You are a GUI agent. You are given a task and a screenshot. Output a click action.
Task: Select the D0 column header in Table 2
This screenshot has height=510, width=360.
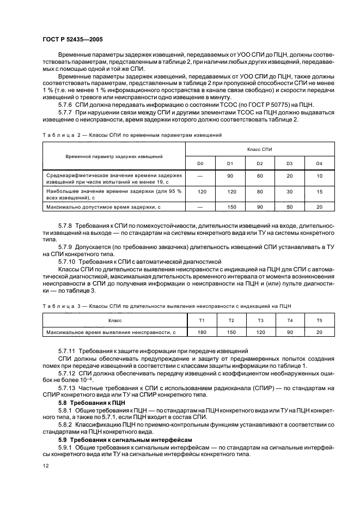[200, 163]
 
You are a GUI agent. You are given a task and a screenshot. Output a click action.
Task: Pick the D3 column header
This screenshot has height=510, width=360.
[289, 163]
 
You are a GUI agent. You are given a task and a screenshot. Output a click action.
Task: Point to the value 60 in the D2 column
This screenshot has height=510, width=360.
[259, 176]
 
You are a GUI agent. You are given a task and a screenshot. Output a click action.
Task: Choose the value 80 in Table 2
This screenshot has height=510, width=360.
[259, 192]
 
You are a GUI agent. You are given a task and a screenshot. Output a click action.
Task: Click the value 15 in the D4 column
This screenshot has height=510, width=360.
[319, 192]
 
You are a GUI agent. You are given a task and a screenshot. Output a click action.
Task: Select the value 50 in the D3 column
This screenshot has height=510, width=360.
[289, 207]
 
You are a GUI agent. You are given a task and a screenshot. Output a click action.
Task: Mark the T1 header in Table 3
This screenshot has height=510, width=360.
[202, 320]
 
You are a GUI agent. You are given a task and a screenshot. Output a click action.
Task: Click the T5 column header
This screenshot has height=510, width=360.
[319, 320]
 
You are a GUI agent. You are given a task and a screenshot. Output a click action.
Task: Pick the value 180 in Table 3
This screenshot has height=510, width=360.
[202, 331]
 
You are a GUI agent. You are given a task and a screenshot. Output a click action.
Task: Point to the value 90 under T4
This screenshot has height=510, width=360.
[290, 331]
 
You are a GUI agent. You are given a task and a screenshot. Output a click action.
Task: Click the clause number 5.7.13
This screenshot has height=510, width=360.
[69, 387]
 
